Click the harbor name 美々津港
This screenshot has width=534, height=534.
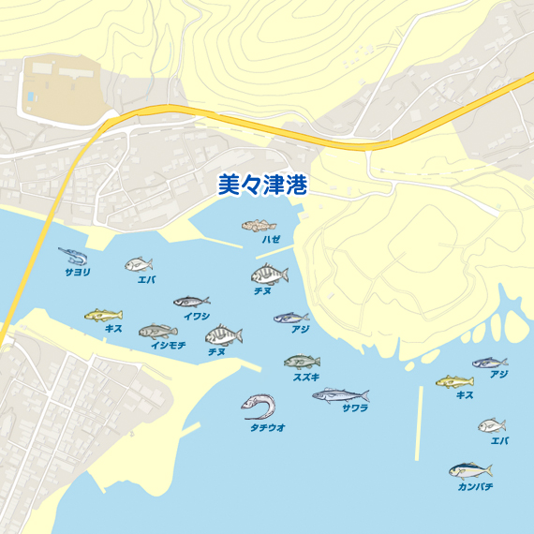(262, 184)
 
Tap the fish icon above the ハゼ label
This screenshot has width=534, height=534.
(260, 226)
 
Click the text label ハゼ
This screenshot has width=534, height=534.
(271, 241)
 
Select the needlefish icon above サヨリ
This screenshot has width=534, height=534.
(72, 255)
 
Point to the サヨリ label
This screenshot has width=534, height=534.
(78, 272)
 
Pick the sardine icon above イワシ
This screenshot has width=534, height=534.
(191, 302)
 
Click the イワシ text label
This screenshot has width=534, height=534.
(197, 317)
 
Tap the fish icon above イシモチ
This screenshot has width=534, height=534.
(157, 331)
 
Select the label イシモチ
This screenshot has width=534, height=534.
(169, 346)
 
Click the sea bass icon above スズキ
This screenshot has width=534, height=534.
(302, 362)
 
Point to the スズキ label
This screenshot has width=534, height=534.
(306, 377)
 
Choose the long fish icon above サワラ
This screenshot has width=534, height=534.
(340, 395)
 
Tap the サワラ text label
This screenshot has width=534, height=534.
(355, 408)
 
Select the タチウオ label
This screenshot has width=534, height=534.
(267, 427)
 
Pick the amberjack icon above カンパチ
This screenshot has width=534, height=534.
(469, 470)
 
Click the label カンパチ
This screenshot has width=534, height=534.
(475, 487)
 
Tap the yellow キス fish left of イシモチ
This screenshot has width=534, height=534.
(103, 315)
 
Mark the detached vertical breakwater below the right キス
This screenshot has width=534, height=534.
(419, 423)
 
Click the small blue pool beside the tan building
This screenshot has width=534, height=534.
(32, 96)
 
